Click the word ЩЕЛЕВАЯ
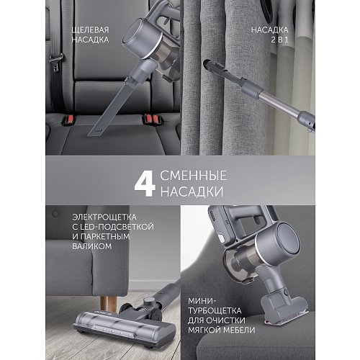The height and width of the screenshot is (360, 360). (x=91, y=30)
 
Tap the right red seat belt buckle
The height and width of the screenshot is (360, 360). (x=153, y=117)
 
